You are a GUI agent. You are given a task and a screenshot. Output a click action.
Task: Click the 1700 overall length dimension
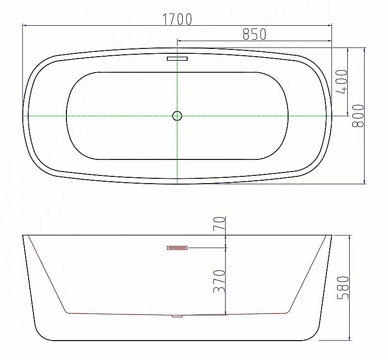[x=177, y=19]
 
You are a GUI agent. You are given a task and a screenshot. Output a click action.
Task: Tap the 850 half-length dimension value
[x=254, y=34]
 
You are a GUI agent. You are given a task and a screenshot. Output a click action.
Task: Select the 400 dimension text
[x=341, y=82]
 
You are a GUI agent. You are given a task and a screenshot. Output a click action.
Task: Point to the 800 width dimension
[x=358, y=116]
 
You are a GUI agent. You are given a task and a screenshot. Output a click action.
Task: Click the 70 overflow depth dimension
[x=220, y=223]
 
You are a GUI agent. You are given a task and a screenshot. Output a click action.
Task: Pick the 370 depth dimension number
[x=220, y=282]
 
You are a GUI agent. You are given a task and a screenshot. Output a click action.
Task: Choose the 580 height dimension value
[x=343, y=287]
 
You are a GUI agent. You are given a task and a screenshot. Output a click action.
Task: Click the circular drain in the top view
[x=177, y=116]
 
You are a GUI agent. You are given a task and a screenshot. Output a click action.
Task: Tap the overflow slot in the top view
[x=177, y=59]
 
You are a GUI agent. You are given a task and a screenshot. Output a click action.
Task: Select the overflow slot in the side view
[x=178, y=248]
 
